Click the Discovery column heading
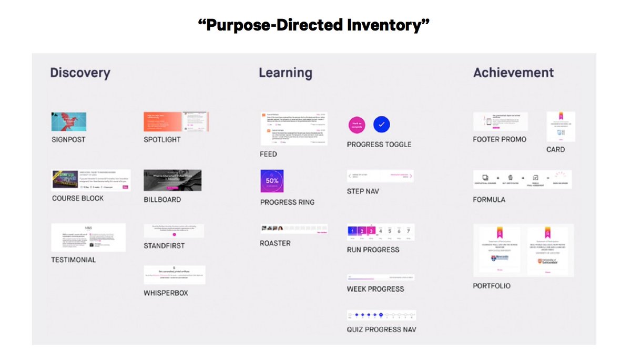80,73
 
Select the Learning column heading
285,73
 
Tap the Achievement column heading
513,73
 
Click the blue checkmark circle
382,125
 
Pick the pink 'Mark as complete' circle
356,125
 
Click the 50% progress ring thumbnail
272,181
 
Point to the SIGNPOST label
68,140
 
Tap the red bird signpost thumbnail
69,121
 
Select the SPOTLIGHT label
162,140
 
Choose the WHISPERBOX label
166,293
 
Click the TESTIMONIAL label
74,260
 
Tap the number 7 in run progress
407,231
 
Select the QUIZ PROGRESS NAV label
381,330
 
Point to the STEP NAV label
363,191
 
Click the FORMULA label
489,200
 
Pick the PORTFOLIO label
492,286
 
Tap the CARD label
555,149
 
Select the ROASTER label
275,243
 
